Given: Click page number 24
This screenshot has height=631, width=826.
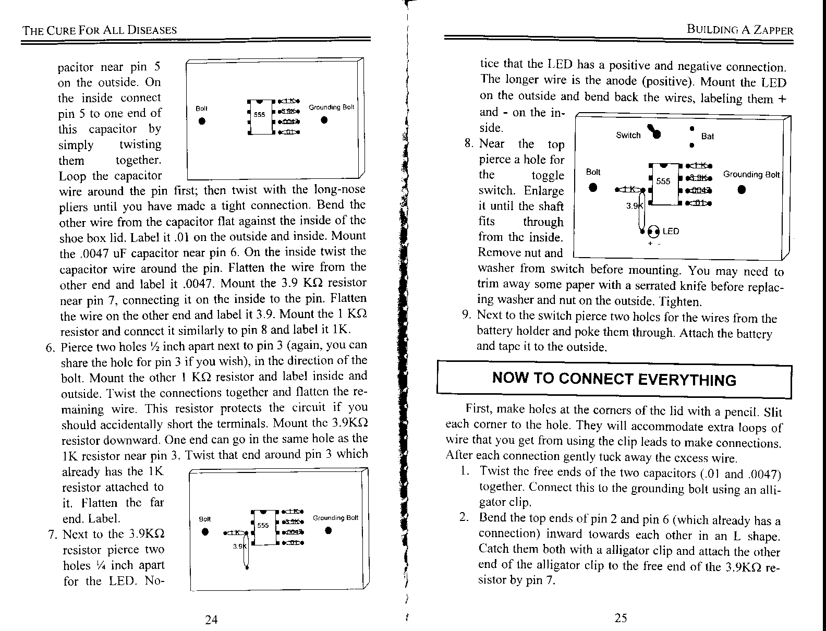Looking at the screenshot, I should coord(211,620).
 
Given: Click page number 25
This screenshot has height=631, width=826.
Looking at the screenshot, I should coord(621,618).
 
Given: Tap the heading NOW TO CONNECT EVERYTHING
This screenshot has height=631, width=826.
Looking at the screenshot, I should coord(614,379).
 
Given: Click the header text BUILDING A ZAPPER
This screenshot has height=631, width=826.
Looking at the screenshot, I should coord(740,30).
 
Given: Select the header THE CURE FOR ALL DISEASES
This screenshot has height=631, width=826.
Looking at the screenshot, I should coord(99,30).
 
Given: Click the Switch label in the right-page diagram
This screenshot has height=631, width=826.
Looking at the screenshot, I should coord(628,135).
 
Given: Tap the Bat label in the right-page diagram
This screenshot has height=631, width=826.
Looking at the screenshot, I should coord(707,136).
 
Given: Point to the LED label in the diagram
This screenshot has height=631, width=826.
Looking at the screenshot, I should coord(671,231).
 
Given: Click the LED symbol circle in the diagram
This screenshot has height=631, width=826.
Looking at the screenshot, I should coord(652,231).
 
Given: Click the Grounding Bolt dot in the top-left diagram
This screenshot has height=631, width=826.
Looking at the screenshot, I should coord(324,120).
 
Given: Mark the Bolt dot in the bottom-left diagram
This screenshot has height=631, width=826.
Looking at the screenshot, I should coord(206,532).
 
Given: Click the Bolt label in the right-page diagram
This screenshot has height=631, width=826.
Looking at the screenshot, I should coord(593,172).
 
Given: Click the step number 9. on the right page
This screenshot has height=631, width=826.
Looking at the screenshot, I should coord(466,315).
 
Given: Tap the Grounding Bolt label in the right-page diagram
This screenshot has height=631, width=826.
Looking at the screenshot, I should coord(751,175).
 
